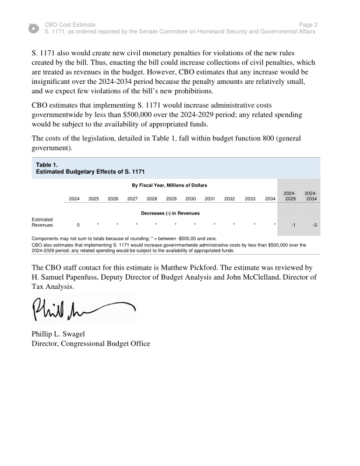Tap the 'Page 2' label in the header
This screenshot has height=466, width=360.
pos(308,25)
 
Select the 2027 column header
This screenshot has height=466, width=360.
pos(132,199)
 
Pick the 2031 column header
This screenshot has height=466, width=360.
pos(210,199)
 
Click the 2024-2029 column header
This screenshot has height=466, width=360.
pos(290,196)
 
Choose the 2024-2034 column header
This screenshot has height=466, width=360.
pos(310,196)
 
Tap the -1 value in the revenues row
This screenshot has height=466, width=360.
pos(293,225)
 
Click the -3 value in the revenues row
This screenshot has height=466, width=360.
pos(315,225)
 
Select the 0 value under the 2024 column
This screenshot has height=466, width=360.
pos(78,225)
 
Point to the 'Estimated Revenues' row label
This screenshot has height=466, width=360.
pos(42,222)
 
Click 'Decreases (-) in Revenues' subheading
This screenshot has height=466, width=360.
pos(170,213)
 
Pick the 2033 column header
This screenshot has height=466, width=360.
pos(250,199)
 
